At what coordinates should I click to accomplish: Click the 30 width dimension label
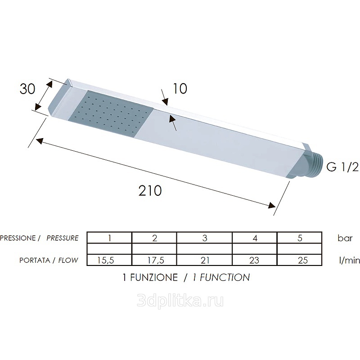(x=27, y=89)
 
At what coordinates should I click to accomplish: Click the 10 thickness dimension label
(x=180, y=89)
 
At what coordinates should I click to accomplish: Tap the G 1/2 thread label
(x=342, y=168)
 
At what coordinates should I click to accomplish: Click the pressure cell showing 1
(x=109, y=238)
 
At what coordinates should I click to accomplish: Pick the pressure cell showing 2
(x=154, y=238)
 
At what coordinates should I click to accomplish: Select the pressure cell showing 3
(x=204, y=238)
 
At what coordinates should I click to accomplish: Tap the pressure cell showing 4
(x=255, y=238)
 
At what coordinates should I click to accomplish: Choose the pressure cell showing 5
(x=300, y=238)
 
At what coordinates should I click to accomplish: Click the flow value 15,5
(x=109, y=260)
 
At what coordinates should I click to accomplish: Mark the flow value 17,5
(x=154, y=260)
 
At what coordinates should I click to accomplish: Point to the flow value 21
(x=204, y=260)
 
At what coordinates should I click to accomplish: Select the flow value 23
(x=255, y=260)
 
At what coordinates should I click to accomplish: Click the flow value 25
(x=300, y=260)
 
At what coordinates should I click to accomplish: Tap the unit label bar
(x=345, y=238)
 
